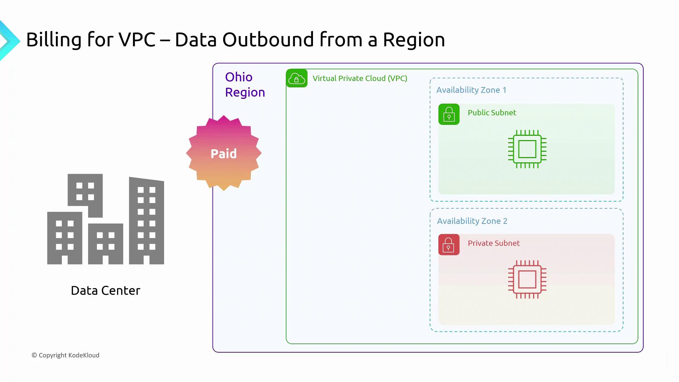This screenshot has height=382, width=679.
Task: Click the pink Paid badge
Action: coord(224,153)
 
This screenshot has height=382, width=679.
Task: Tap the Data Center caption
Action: coord(105,290)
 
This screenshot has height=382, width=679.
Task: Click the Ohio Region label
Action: coord(245,85)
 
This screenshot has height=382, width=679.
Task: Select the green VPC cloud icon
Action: coord(296,78)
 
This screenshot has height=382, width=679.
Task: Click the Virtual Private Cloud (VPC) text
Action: coord(360,78)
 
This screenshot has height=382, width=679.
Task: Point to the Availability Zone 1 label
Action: coord(471,90)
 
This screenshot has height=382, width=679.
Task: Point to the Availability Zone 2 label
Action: coord(472,221)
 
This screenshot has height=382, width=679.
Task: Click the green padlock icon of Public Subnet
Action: coord(449,114)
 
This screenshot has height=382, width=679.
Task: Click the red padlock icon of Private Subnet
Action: coord(449,244)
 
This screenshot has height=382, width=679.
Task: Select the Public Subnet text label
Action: coord(492,112)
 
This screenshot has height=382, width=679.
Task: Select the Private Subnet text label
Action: coord(493,243)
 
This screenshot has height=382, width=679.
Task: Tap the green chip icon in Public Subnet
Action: coord(527,149)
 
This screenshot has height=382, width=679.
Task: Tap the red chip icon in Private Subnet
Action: coord(527,279)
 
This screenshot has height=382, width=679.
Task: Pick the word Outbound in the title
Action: coord(268,40)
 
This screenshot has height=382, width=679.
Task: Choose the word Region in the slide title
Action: coord(414,40)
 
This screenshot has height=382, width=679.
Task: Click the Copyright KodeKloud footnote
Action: coord(65,355)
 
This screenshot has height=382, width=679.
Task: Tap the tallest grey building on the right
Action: coord(146,221)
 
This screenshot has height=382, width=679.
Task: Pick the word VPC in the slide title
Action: coord(137,40)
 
